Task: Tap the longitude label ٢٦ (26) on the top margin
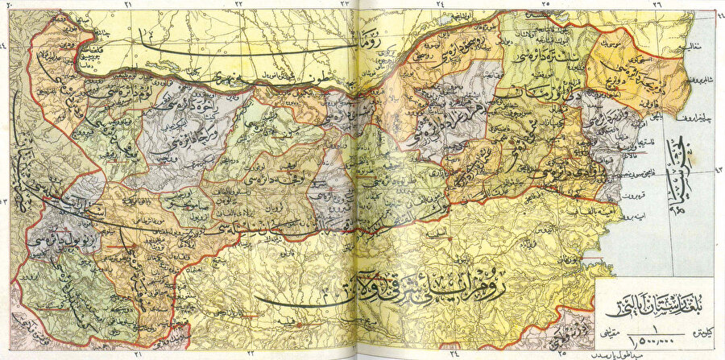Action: tap(657, 5)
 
